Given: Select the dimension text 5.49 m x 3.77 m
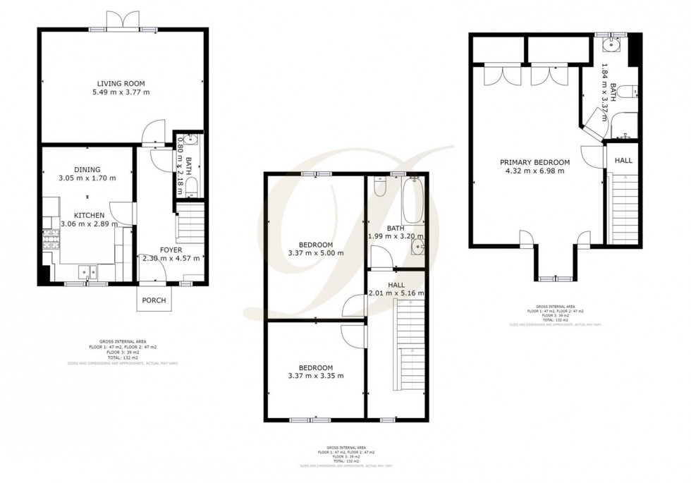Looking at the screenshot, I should (x=123, y=92).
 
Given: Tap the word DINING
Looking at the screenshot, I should (x=87, y=169).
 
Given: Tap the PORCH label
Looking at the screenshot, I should (x=154, y=300).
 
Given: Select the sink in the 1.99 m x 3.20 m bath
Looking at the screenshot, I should (x=417, y=246).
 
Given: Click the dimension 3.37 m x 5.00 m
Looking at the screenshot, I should (x=315, y=253).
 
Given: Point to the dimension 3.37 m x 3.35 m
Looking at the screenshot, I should (x=315, y=376).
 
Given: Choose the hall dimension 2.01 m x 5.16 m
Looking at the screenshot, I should (x=396, y=293).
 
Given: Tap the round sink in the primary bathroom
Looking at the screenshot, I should (x=609, y=47).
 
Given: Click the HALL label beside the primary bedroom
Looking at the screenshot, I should (x=623, y=161).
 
